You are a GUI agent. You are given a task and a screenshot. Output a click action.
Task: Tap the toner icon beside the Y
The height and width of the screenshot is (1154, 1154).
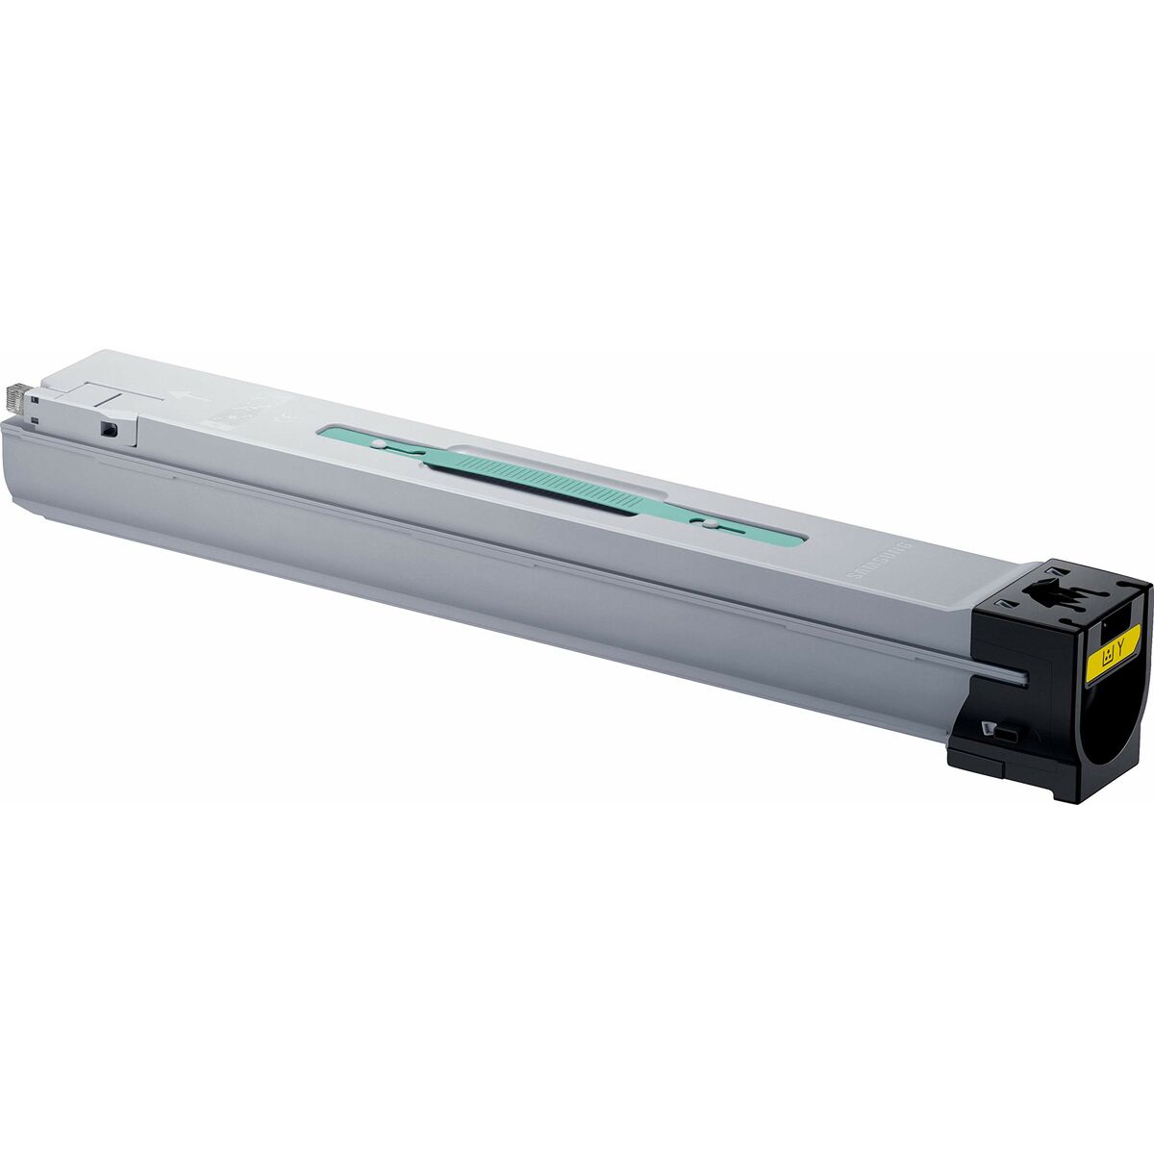[x=1107, y=657]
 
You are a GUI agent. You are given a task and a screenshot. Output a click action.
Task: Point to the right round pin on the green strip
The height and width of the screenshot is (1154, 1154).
[x=709, y=525]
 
